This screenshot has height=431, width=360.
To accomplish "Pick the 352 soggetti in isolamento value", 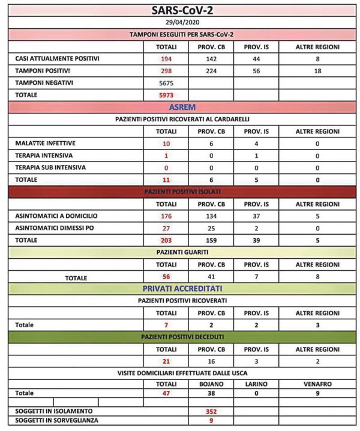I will point(210,411).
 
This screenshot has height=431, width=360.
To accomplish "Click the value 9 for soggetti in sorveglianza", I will point(210,421).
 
